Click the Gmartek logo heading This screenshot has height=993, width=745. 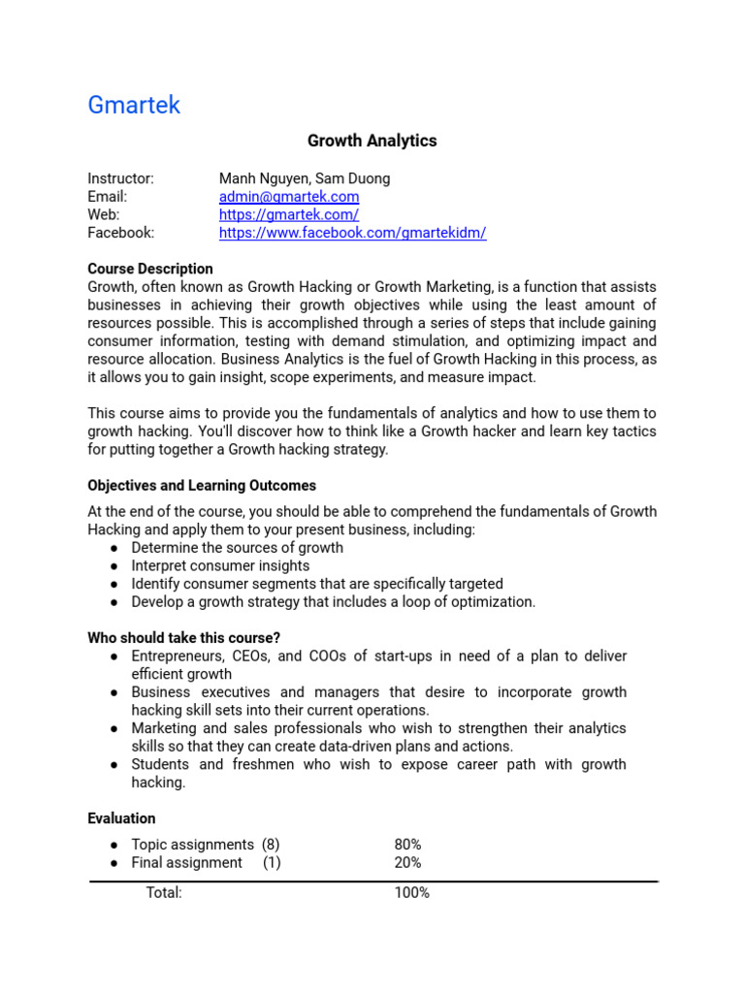134,105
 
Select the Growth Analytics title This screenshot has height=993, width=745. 372,141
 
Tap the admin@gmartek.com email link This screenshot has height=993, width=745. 289,197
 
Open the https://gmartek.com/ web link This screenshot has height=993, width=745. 289,214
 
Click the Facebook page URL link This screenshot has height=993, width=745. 352,233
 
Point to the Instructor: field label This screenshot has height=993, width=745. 121,178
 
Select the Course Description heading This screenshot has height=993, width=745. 150,269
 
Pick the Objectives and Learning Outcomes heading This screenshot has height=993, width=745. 202,485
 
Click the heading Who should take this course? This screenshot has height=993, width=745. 184,637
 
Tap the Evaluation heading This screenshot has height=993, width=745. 121,817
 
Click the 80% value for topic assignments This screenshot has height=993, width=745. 407,845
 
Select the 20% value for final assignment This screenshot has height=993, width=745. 407,862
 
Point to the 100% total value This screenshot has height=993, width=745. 411,892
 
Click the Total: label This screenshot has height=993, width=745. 164,892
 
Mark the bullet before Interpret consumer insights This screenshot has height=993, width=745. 114,565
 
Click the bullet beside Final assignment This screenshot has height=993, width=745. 114,862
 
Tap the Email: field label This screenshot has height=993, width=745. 108,197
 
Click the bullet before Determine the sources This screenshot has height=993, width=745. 114,548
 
